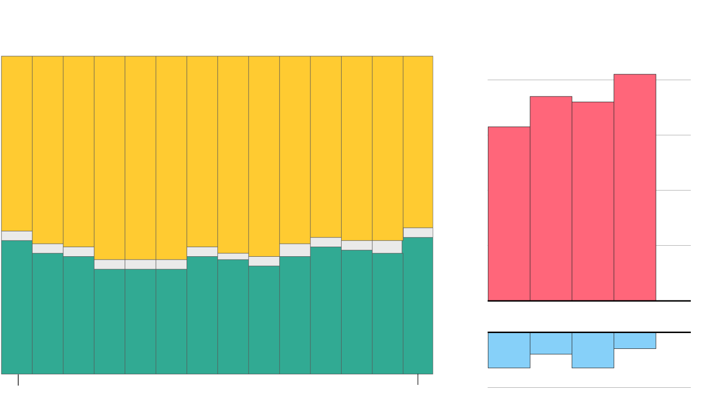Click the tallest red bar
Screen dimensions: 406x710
pyautogui.click(x=635, y=187)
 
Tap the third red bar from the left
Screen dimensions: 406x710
pyautogui.click(x=593, y=201)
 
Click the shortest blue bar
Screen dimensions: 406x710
pyautogui.click(x=635, y=340)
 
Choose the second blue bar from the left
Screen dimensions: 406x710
pyautogui.click(x=551, y=343)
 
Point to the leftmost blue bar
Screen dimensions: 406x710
pyautogui.click(x=509, y=350)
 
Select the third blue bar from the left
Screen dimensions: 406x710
pyautogui.click(x=593, y=350)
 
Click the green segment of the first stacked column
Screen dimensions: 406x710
pyautogui.click(x=17, y=307)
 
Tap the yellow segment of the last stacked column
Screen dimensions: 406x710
pyautogui.click(x=418, y=142)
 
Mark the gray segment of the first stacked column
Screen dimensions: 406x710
pyautogui.click(x=17, y=236)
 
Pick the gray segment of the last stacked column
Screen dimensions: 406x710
pyautogui.click(x=418, y=232)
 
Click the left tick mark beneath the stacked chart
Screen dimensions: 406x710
pyautogui.click(x=18, y=380)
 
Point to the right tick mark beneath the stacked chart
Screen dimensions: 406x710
pyautogui.click(x=418, y=380)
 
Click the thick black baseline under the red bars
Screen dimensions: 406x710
pyautogui.click(x=589, y=301)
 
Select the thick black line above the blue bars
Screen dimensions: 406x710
pyautogui.click(x=589, y=332)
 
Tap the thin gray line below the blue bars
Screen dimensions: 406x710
pyautogui.click(x=589, y=387)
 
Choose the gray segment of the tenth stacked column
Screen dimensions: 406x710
pyautogui.click(x=295, y=250)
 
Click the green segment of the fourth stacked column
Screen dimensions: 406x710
pyautogui.click(x=109, y=322)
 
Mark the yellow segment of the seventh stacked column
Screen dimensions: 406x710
pyautogui.click(x=202, y=151)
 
